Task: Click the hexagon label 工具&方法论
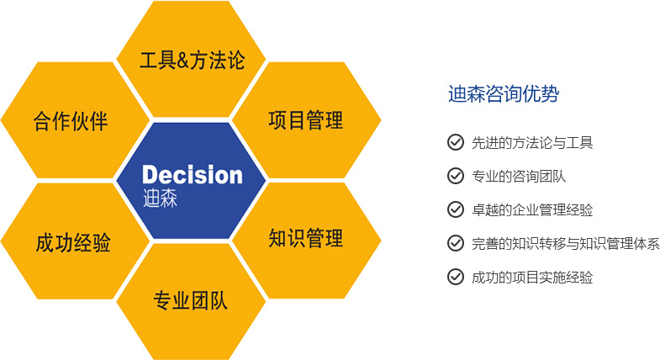tap(192, 60)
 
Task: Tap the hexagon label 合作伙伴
tap(71, 121)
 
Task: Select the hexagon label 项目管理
tap(306, 120)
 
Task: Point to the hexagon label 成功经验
tap(73, 243)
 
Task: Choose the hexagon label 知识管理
tap(306, 238)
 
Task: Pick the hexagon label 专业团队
tap(191, 300)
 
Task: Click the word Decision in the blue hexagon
tap(193, 175)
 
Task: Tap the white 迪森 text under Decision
tap(160, 198)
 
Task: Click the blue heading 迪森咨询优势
tap(504, 93)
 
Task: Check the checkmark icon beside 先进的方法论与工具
tap(456, 142)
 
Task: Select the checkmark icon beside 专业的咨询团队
tap(456, 176)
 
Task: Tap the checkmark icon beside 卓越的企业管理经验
tap(456, 209)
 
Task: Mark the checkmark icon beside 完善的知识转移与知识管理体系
tap(456, 243)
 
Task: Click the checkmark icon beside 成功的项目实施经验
tap(456, 277)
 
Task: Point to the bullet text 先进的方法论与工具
tap(532, 143)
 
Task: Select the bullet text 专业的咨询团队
tap(519, 177)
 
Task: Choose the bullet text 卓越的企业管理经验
tap(532, 210)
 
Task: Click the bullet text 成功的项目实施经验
tap(532, 278)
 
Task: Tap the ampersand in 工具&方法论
tap(183, 61)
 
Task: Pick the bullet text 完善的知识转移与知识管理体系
tap(566, 244)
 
